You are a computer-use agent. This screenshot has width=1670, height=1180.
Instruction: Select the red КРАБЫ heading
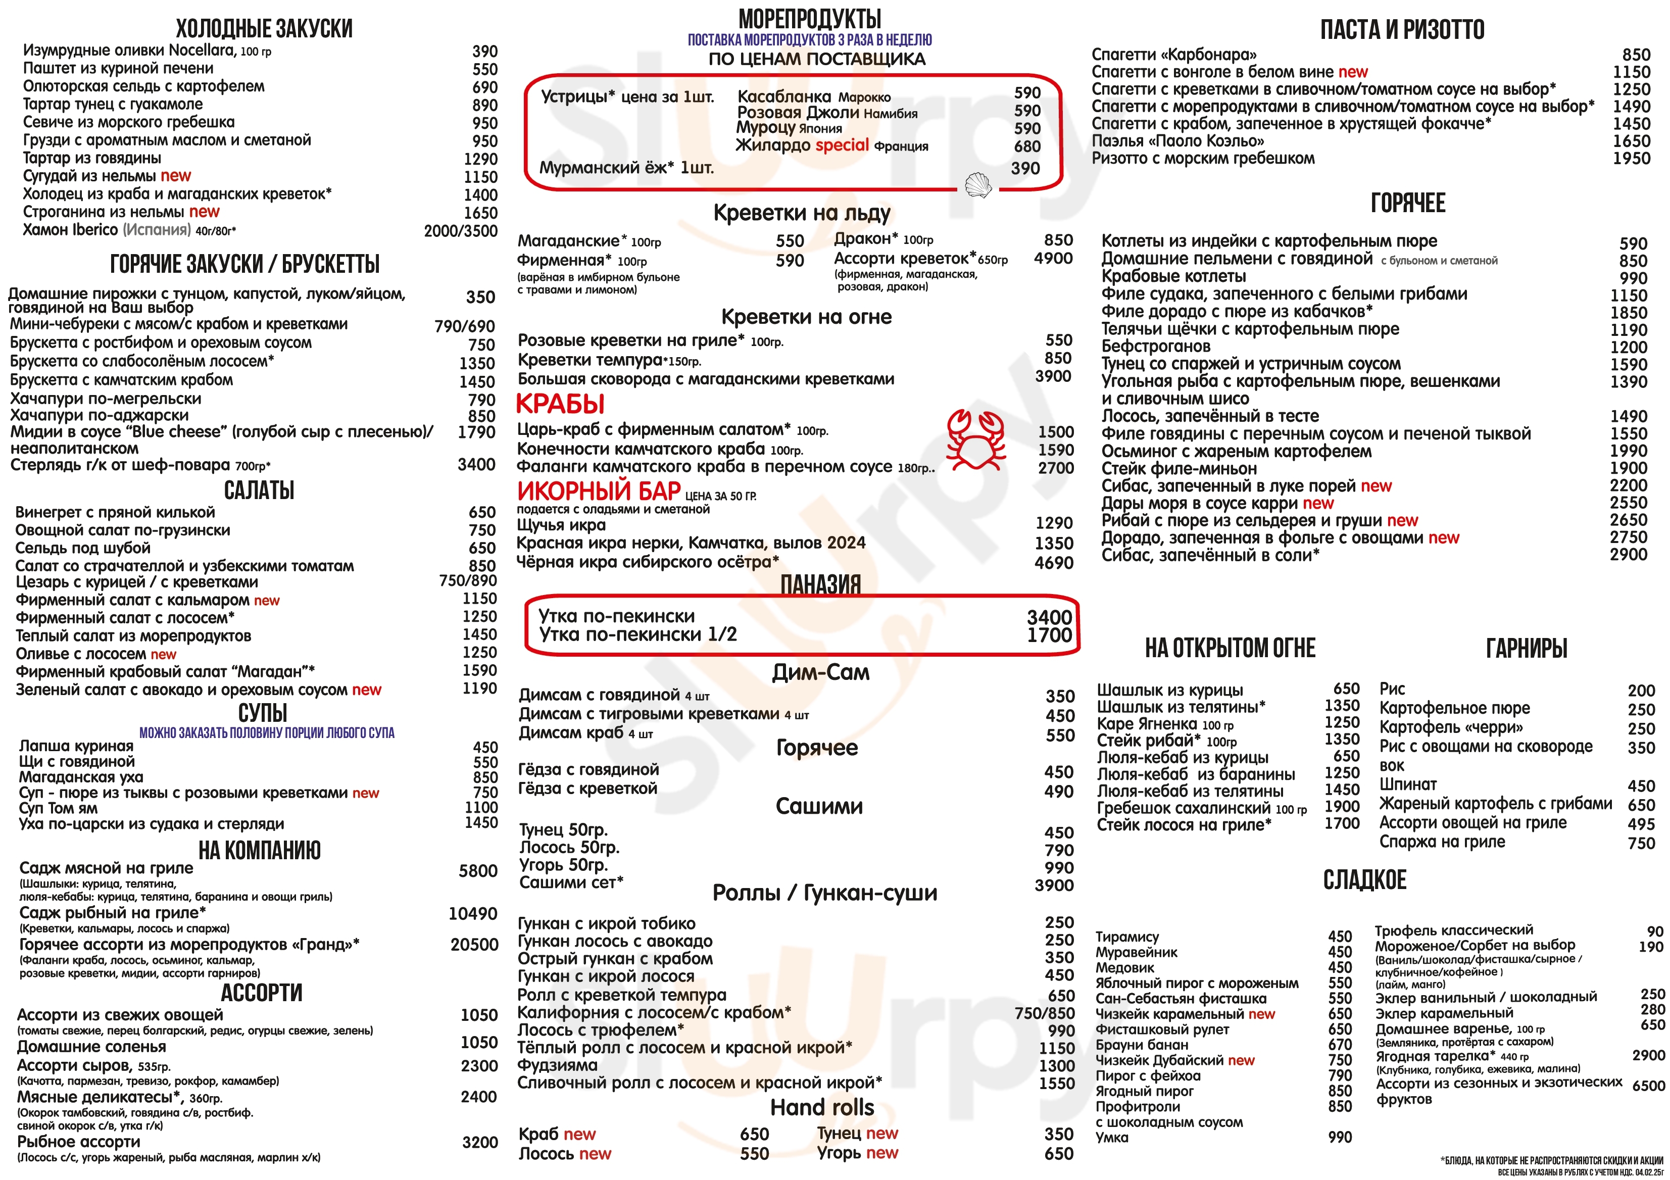560,404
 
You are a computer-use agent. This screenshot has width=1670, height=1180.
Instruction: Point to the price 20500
474,944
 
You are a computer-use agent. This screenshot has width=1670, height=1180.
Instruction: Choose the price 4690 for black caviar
1053,562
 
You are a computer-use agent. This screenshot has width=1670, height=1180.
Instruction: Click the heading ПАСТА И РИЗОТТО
1402,30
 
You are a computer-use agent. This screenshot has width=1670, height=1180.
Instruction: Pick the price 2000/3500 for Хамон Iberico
460,231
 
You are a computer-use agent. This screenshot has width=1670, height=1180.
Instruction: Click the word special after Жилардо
842,145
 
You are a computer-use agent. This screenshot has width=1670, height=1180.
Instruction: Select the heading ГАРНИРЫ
1526,648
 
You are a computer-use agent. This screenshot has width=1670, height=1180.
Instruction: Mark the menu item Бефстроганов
1156,347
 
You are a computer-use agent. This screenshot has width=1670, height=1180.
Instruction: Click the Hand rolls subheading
822,1107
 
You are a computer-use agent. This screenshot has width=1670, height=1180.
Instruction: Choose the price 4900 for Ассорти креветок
1053,258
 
